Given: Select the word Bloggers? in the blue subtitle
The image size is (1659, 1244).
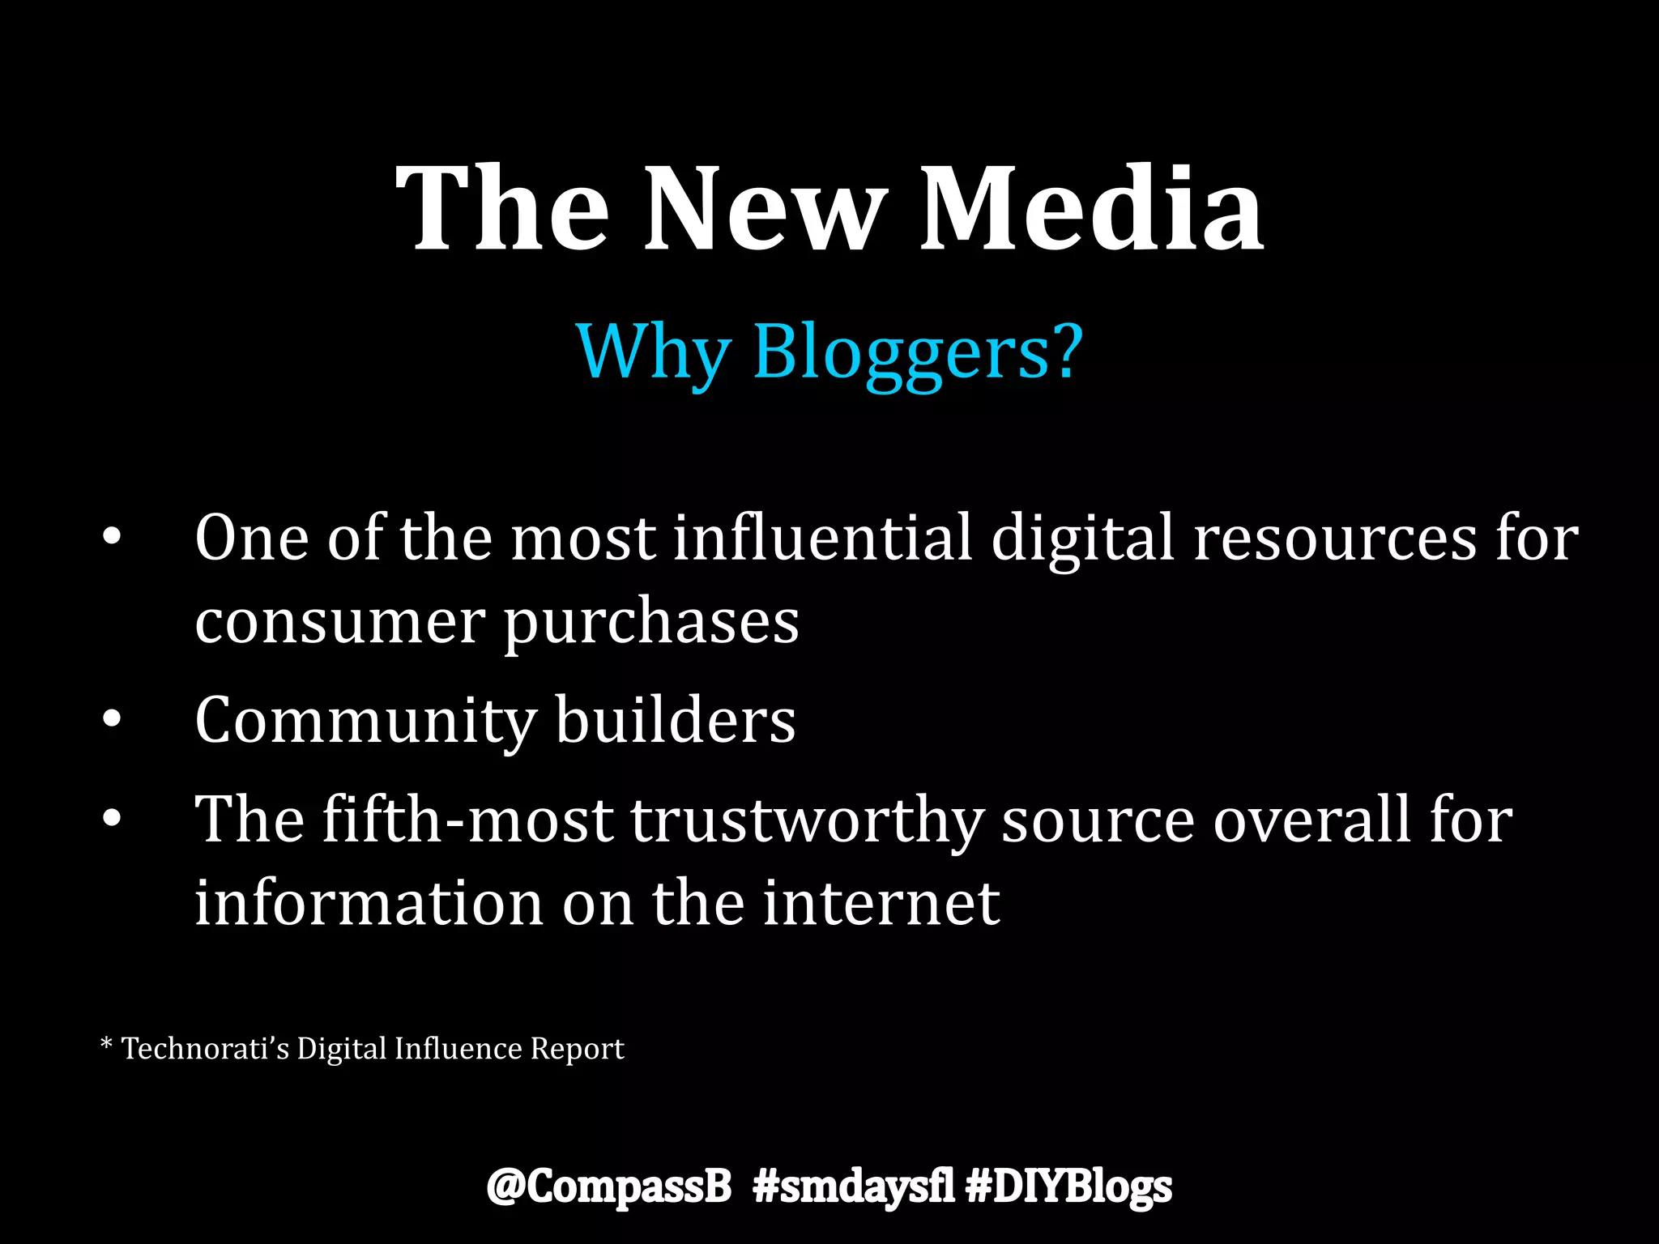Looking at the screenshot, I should coord(918,353).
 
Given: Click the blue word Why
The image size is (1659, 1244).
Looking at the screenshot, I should coord(653,353).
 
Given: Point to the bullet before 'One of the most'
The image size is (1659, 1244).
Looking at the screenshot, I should coord(112,537).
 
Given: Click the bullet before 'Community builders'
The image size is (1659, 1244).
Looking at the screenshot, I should coord(112,718).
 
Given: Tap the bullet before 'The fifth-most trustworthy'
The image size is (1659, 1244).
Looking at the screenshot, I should coord(112,819).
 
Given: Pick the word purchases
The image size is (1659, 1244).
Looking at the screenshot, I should coord(652,624).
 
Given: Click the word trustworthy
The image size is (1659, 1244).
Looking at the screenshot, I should coord(807,820).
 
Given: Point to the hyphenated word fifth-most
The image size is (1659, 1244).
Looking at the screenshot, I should coord(467,819).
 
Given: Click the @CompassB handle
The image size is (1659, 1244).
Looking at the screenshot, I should coord(608,1186).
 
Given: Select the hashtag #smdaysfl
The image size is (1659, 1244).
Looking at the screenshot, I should coord(853,1186).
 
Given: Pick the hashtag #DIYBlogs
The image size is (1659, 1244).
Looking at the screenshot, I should coord(1069,1187).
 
